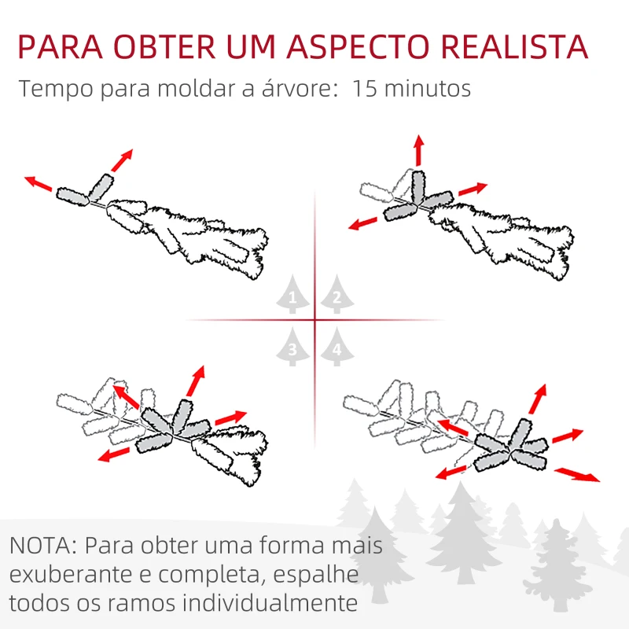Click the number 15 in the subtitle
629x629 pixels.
pyautogui.click(x=366, y=88)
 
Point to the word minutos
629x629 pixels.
pyautogui.click(x=429, y=88)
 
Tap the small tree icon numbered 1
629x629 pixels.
pyautogui.click(x=292, y=296)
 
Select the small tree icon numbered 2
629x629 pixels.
pyautogui.click(x=337, y=296)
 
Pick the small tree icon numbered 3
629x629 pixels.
pyautogui.click(x=292, y=348)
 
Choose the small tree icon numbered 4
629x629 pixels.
pyautogui.click(x=337, y=348)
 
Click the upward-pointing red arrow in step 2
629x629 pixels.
pyautogui.click(x=419, y=150)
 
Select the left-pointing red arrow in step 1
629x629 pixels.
pyautogui.click(x=39, y=184)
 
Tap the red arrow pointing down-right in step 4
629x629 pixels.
pyautogui.click(x=577, y=474)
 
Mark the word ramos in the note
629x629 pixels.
pyautogui.click(x=130, y=605)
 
